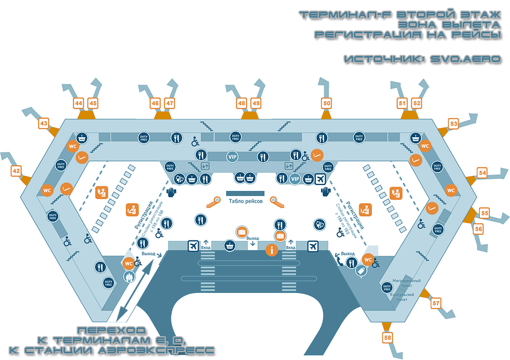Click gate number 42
coord(17,171)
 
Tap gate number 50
coord(327,102)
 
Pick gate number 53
coord(453,124)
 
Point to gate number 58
coord(387,337)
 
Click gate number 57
coord(436,303)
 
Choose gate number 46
coord(155,103)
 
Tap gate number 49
coord(256,103)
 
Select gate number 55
coord(485,213)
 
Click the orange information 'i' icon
coord(272,250)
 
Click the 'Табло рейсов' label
coord(246,202)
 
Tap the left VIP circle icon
coord(232,157)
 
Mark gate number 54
coord(482,173)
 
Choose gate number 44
coord(79,103)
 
